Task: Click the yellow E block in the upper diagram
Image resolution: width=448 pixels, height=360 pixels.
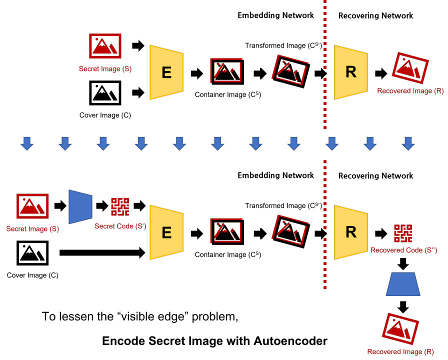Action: point(167,73)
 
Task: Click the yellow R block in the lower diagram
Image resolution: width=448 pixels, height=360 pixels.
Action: point(351,232)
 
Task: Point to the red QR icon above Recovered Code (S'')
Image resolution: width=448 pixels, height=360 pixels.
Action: point(403,233)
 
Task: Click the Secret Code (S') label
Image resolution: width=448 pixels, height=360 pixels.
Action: point(120,226)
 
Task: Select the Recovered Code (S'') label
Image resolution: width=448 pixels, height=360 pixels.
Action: point(403,250)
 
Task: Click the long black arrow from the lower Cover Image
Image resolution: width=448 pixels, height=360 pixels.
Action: point(102,253)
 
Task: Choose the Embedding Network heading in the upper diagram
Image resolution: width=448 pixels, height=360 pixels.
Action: point(275,15)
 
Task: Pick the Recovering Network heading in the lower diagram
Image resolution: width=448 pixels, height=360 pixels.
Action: point(375,176)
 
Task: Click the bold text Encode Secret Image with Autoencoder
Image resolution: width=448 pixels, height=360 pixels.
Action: point(214,341)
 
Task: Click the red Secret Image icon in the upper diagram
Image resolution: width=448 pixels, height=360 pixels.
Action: point(105,46)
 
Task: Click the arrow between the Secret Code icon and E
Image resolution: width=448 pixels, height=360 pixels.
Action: point(139,205)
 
